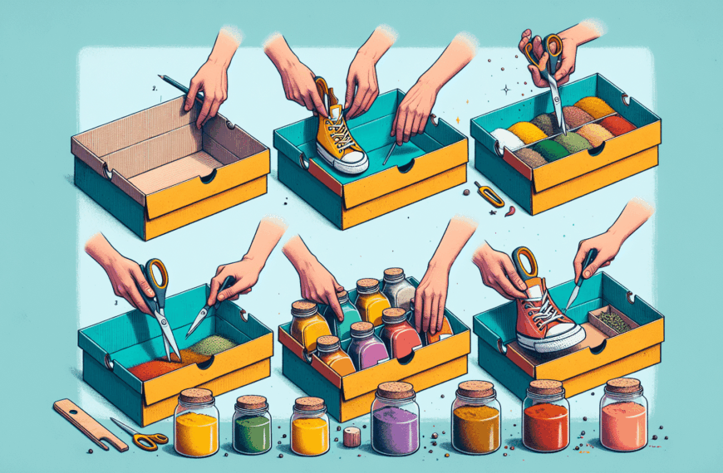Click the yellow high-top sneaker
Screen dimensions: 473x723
tap(339, 133)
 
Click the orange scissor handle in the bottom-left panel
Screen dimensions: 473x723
tap(155, 273)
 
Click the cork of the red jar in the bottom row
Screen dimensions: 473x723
tap(546, 388)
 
